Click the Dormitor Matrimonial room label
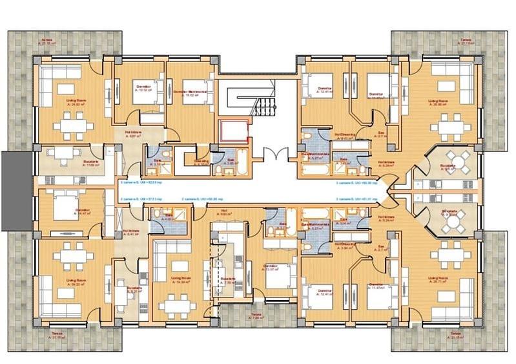(192, 92)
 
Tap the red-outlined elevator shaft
(234, 130)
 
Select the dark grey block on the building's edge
(13, 191)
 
